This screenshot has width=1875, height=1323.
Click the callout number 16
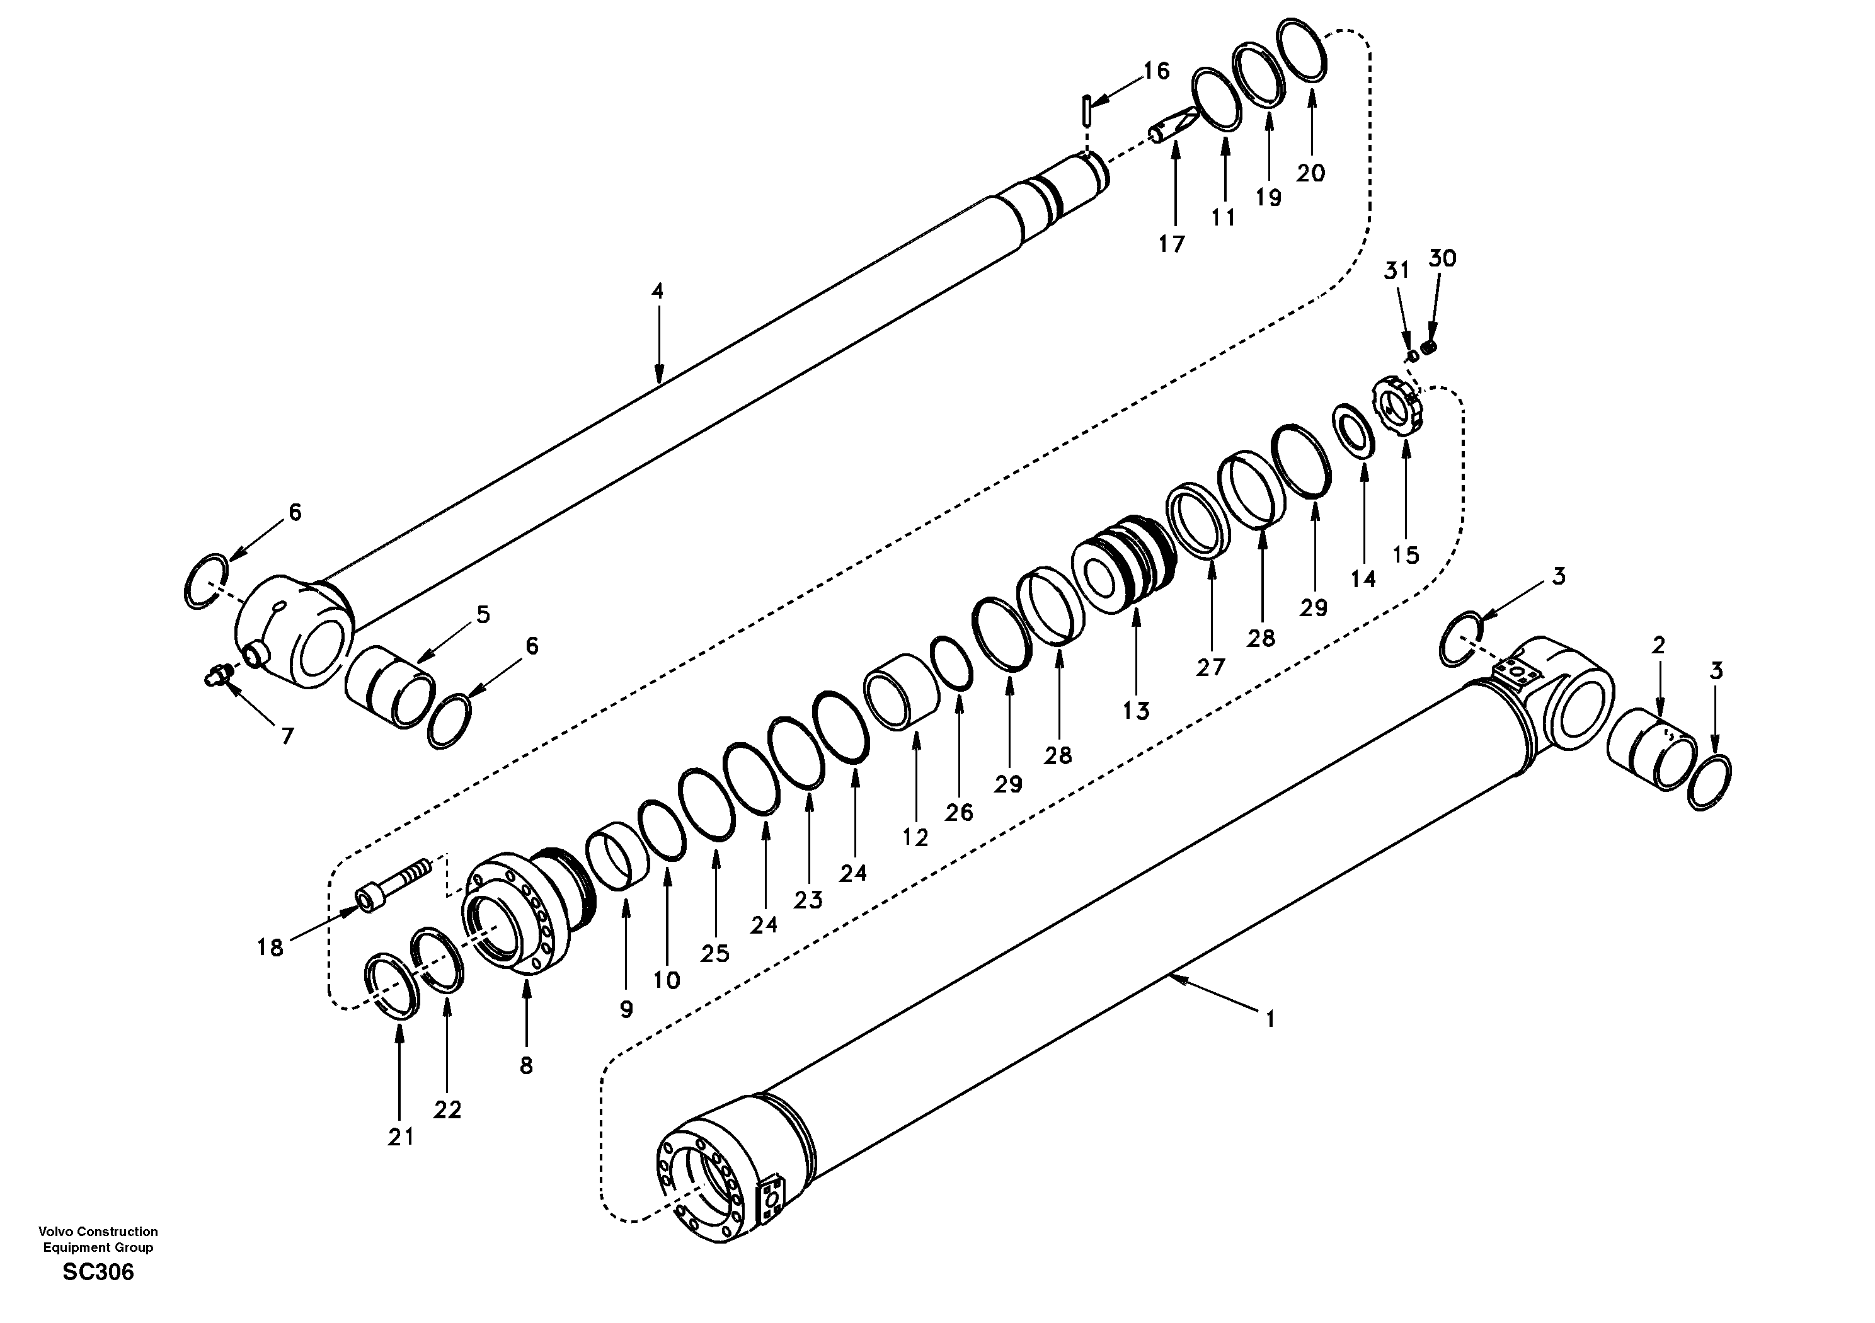[1155, 71]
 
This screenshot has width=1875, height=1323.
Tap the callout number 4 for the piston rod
[657, 290]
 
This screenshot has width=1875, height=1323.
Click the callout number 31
[1396, 270]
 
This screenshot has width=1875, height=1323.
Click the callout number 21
[400, 1136]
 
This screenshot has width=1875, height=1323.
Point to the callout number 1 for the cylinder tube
[1269, 1019]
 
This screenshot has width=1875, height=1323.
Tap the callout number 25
[714, 953]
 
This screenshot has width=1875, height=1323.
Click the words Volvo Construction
[98, 1232]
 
